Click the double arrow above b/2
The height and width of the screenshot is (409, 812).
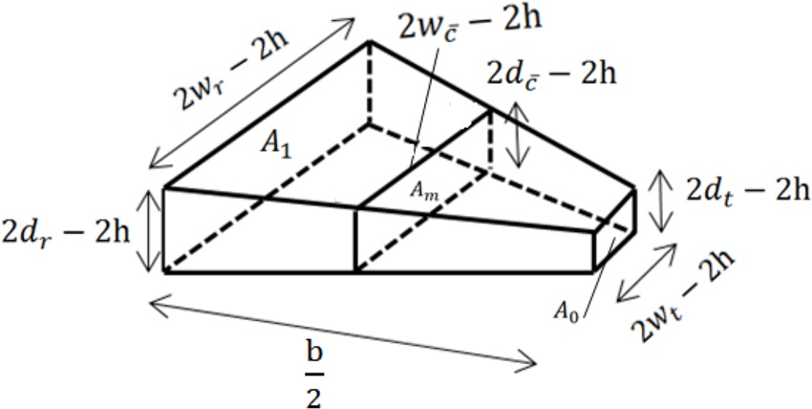tap(345, 334)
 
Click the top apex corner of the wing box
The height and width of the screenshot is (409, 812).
tap(370, 42)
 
